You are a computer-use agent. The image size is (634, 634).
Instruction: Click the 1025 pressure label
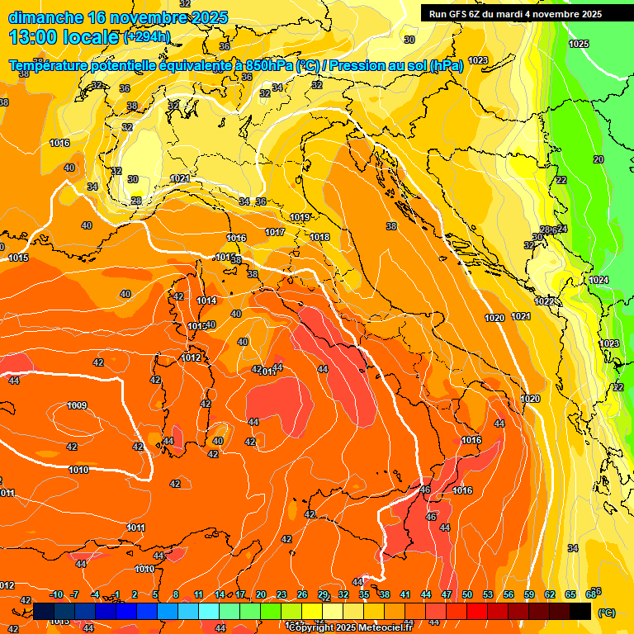point(579,44)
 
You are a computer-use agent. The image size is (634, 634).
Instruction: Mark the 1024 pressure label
point(599,281)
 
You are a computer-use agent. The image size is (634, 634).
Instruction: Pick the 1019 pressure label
point(300,218)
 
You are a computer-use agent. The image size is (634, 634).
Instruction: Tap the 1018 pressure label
point(319,238)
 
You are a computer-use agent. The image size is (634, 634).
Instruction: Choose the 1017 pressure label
point(275,233)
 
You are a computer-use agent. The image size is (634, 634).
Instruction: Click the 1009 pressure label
point(78,405)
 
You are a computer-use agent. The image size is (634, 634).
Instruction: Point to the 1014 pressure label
point(206,301)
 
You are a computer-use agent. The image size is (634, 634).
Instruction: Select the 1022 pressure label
point(544,301)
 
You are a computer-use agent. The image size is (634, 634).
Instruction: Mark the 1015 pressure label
point(18,258)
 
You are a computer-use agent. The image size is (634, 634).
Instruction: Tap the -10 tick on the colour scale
point(57,594)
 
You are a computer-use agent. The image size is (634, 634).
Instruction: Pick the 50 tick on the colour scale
point(467,594)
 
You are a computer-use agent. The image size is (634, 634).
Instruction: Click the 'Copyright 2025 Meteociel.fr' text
point(351,627)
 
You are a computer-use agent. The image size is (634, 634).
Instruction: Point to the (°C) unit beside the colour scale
point(606,613)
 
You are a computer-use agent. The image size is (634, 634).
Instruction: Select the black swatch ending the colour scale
point(580,611)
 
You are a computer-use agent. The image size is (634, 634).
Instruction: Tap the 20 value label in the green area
point(599,159)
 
